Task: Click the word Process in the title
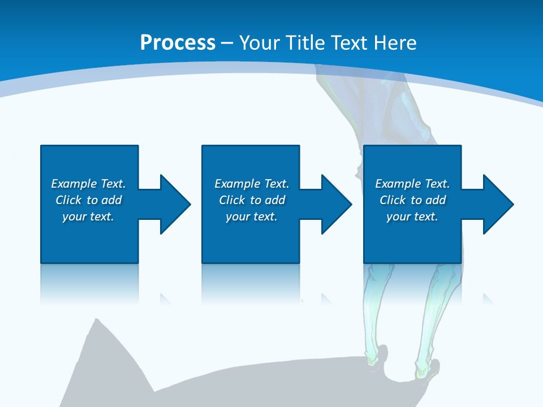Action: (x=178, y=42)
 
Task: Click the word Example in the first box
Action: (x=74, y=184)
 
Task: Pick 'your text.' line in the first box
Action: (x=88, y=217)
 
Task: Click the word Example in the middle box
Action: (x=237, y=184)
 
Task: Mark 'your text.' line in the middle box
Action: (x=251, y=217)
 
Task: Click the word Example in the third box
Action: (x=398, y=184)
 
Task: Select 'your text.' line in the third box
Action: (x=412, y=217)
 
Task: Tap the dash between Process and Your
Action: (x=227, y=43)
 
